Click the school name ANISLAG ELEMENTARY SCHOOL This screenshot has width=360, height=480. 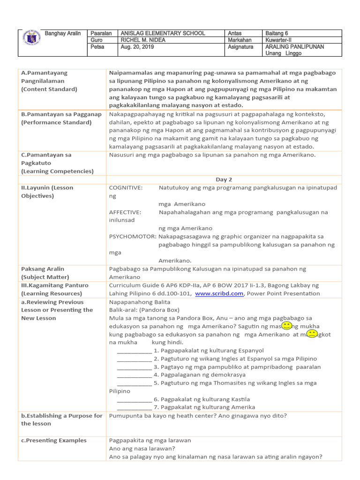click(163, 33)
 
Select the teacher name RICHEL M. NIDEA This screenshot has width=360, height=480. click(143, 40)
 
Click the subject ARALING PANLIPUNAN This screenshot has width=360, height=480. click(294, 47)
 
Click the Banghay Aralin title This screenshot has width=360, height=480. click(63, 33)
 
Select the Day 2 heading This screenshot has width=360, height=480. click(224, 180)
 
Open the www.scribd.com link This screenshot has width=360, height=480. click(219, 293)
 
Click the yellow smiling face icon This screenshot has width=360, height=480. click(287, 325)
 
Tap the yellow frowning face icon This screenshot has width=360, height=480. click(311, 333)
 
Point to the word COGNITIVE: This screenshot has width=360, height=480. click(126, 188)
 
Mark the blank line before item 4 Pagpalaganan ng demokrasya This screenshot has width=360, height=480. click(134, 375)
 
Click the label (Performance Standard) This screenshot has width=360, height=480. click(56, 122)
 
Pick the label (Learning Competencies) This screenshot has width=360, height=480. click(57, 171)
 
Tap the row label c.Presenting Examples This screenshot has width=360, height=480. click(54, 440)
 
